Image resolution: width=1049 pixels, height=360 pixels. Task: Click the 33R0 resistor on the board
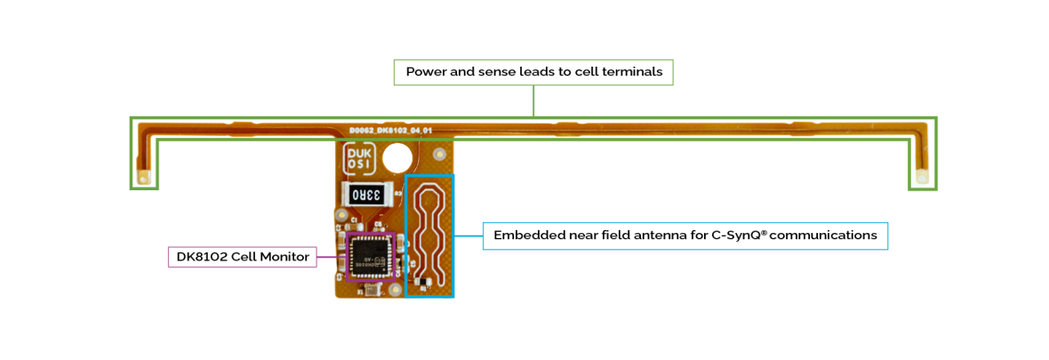click(x=365, y=195)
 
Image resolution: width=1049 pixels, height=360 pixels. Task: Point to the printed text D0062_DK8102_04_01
click(x=390, y=131)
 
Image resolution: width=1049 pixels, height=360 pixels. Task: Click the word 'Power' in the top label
click(x=426, y=73)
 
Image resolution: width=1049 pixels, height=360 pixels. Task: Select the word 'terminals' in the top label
click(x=632, y=73)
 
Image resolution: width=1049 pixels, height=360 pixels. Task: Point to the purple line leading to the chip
click(x=330, y=257)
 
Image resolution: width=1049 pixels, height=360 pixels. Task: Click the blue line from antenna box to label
click(x=468, y=236)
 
